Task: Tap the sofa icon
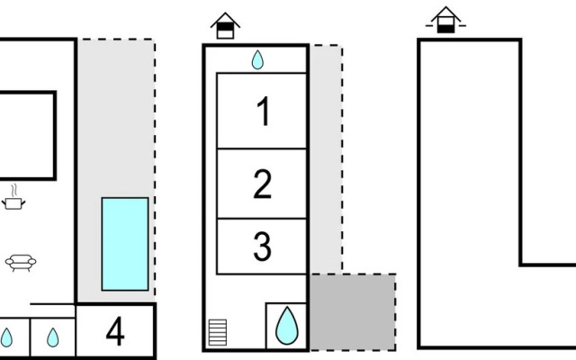pos(18,263)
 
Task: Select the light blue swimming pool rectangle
pos(124,244)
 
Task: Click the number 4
pos(115,332)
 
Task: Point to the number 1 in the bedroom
pos(263,113)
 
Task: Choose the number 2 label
pos(262,184)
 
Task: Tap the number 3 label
pos(262,247)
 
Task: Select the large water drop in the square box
pos(286,325)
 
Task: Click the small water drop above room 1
pos(257,59)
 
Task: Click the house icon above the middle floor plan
pos(225,25)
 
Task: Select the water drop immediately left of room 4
pos(52,337)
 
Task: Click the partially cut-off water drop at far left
pos(6,337)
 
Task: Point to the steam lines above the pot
pos(13,190)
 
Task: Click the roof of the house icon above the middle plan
pos(225,18)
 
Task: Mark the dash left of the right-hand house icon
pos(429,25)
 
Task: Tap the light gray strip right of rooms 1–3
pos(325,162)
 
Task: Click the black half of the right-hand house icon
pos(445,28)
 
